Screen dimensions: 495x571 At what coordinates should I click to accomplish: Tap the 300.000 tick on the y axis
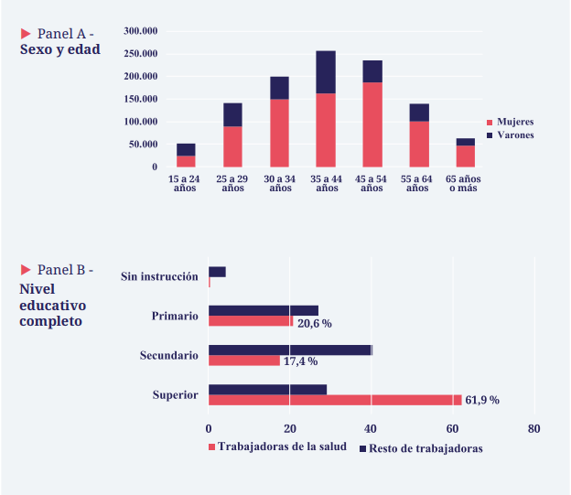pyautogui.click(x=141, y=31)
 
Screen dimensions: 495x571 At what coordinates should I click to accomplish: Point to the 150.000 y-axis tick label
pyautogui.click(x=141, y=99)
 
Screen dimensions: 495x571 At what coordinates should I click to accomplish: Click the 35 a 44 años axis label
pyautogui.click(x=327, y=183)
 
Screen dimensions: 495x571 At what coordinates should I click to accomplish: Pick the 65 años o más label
pyautogui.click(x=464, y=183)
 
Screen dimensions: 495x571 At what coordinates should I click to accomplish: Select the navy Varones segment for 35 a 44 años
pyautogui.click(x=326, y=71)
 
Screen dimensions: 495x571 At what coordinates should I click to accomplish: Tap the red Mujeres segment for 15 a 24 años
pyautogui.click(x=186, y=161)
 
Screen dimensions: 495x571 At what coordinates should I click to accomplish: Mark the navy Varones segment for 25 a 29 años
pyautogui.click(x=232, y=114)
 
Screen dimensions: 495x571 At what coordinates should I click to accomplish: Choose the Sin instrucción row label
pyautogui.click(x=159, y=276)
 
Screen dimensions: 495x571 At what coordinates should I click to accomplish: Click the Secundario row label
pyautogui.click(x=168, y=355)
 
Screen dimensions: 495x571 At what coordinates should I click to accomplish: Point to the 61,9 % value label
pyautogui.click(x=482, y=401)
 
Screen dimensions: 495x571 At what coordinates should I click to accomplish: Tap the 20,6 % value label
pyautogui.click(x=314, y=323)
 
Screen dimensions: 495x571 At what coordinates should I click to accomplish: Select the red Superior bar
pyautogui.click(x=335, y=400)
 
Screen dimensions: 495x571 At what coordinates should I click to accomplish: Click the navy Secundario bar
pyautogui.click(x=290, y=350)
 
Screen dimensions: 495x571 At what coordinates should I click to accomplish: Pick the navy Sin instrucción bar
pyautogui.click(x=217, y=272)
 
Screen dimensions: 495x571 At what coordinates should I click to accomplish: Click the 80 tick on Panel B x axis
pyautogui.click(x=533, y=428)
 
